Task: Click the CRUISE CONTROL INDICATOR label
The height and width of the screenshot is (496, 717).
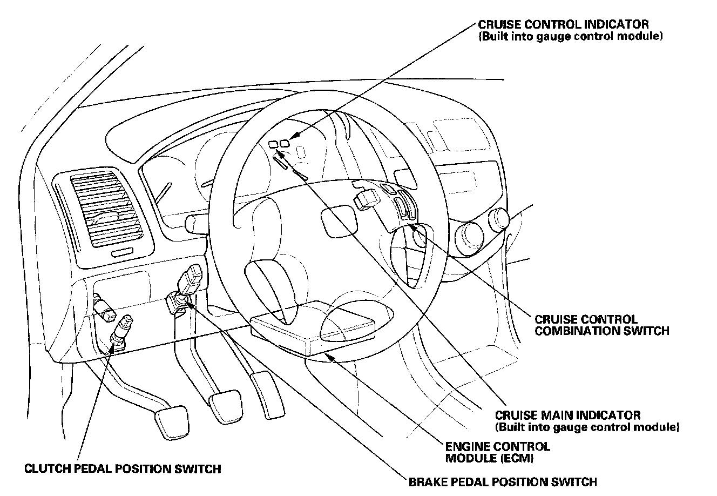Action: [x=563, y=25]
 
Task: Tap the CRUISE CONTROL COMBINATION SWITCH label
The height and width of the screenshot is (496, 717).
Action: [x=601, y=325]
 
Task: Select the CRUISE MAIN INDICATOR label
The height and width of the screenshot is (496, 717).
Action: [x=567, y=415]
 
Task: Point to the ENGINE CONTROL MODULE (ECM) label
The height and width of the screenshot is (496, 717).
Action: [x=497, y=452]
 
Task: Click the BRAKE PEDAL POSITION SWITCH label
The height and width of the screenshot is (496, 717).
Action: [x=502, y=481]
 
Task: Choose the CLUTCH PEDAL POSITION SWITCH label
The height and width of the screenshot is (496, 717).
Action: [x=123, y=468]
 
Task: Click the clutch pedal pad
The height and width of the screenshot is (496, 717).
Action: [x=172, y=419]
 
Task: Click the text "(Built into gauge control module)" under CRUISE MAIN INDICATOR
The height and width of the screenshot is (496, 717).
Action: [x=587, y=427]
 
